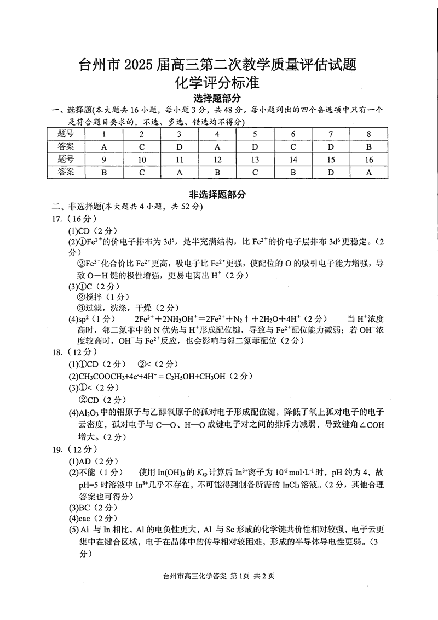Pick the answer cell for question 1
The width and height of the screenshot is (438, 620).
(104, 146)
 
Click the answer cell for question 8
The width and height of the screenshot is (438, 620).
(369, 146)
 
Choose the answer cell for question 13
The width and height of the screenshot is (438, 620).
(255, 172)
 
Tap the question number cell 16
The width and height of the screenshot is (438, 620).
(369, 160)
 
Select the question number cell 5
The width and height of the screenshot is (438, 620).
(255, 134)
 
